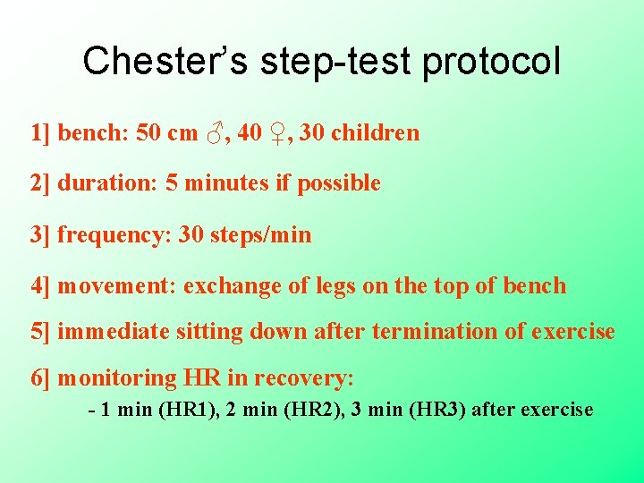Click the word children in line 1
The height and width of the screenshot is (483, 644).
click(x=375, y=133)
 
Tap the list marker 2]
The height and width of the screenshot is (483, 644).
click(x=40, y=184)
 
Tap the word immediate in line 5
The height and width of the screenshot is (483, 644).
click(x=113, y=332)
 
